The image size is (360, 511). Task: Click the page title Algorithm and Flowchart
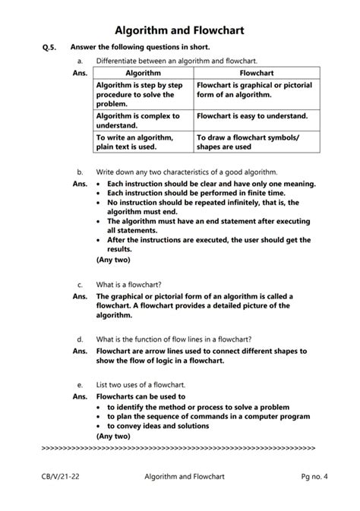(179, 30)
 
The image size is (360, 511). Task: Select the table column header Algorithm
(142, 73)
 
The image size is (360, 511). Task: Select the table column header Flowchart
(256, 73)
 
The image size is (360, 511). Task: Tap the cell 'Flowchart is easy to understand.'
(252, 116)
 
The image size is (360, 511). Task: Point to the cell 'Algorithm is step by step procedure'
(140, 94)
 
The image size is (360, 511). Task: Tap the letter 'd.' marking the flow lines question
(81, 339)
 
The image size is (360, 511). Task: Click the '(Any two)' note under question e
(113, 437)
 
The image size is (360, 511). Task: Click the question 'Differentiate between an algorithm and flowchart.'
(176, 60)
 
